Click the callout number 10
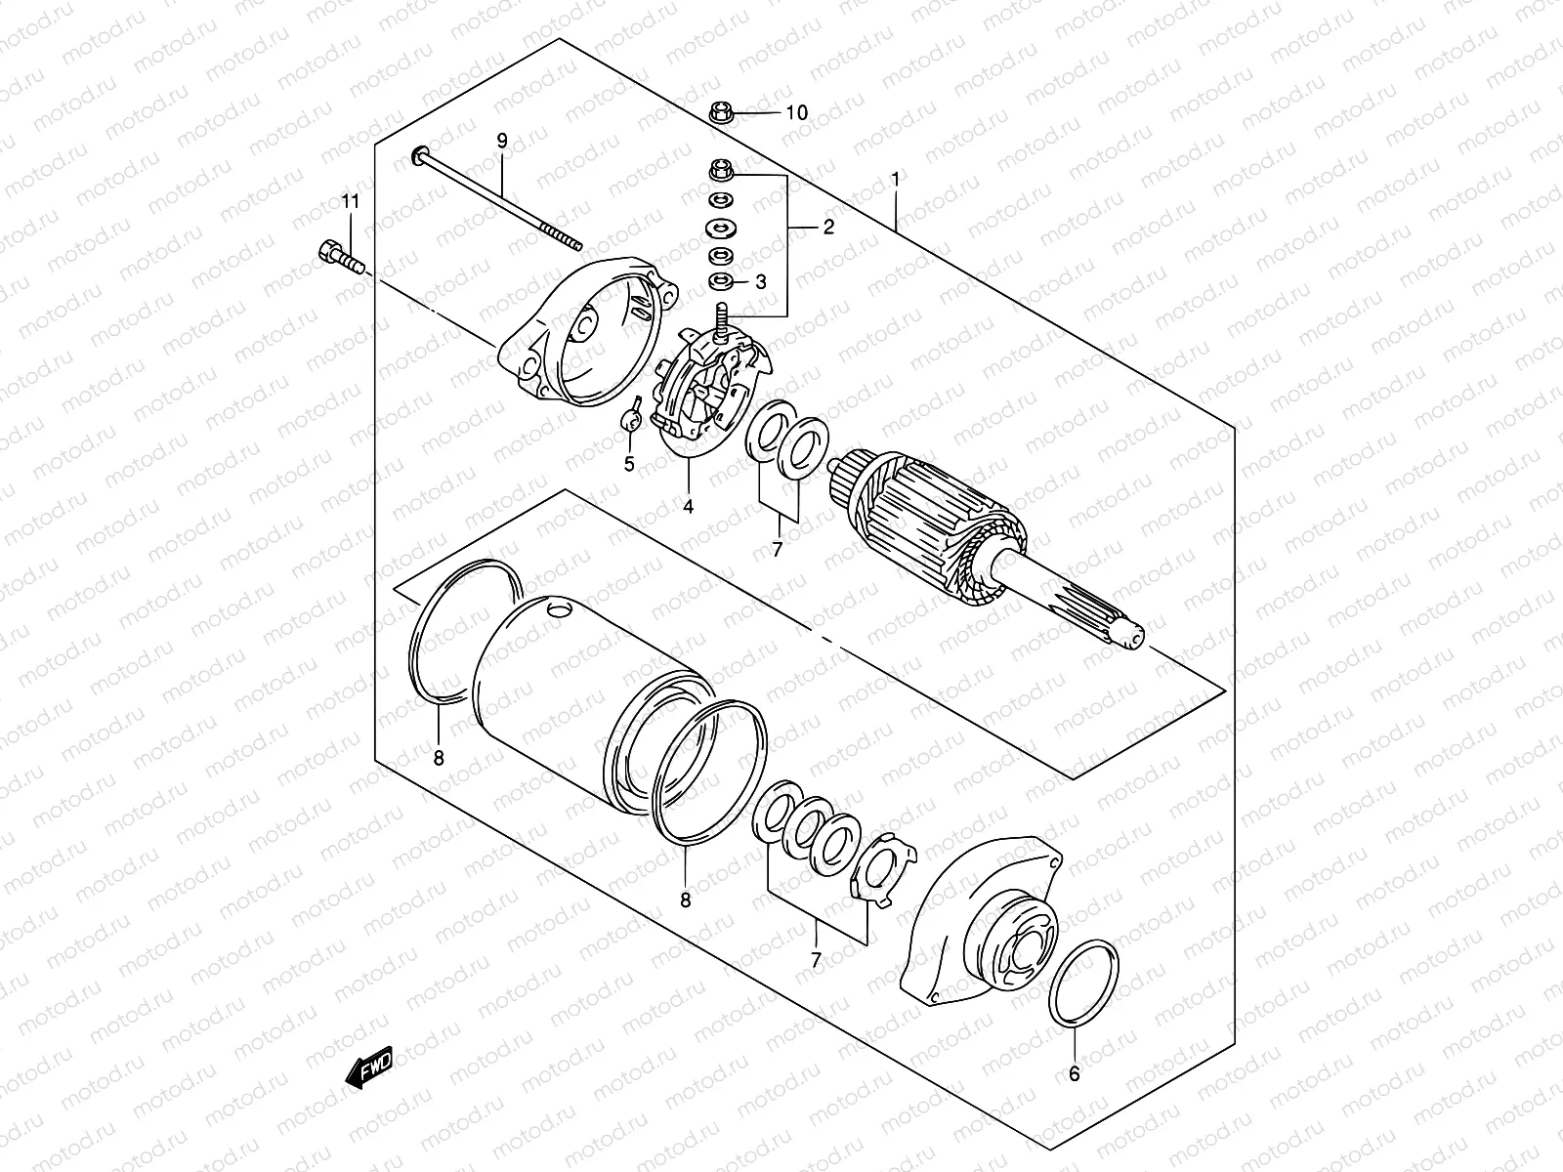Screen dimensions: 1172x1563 pos(797,113)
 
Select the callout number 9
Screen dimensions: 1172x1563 pos(502,141)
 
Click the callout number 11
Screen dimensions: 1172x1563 pos(350,201)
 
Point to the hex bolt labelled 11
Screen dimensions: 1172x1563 pos(338,257)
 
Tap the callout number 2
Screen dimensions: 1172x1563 pos(828,228)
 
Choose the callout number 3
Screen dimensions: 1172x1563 pos(760,282)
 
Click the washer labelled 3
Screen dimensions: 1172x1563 pos(721,282)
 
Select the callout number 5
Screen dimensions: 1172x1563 pos(629,464)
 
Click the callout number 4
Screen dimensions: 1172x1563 pos(688,506)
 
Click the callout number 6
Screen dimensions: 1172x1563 pos(1074,1074)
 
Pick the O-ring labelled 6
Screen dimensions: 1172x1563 pos(1082,984)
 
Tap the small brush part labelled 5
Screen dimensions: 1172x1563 pos(631,418)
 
